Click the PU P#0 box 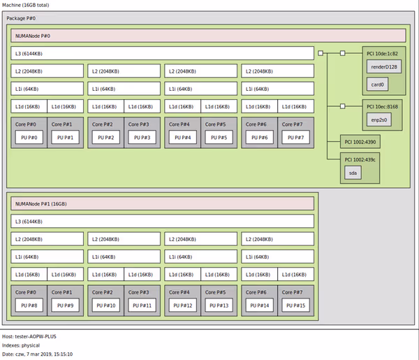(28, 137)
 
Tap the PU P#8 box (28, 305)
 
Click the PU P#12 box (182, 305)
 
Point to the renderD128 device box (383, 66)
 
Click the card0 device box (378, 85)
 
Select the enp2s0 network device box (378, 120)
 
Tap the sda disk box (353, 173)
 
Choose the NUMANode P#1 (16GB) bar (162, 203)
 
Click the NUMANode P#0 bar (208, 36)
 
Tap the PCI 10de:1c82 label (383, 53)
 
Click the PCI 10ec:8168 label (383, 106)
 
